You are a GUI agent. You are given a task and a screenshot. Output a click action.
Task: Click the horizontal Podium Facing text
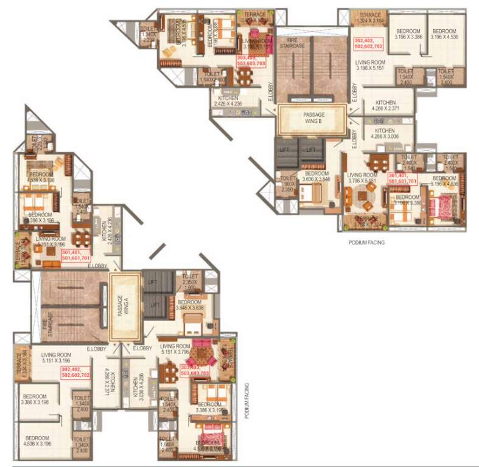click(x=366, y=242)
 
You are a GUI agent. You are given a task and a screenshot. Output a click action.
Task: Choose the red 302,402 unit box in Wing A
click(x=75, y=372)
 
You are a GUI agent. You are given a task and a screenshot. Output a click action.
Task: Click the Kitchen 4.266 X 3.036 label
click(x=385, y=134)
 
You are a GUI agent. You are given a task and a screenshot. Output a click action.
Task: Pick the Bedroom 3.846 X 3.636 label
click(x=189, y=305)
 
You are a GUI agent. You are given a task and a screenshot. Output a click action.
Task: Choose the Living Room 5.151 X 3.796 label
click(x=177, y=348)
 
